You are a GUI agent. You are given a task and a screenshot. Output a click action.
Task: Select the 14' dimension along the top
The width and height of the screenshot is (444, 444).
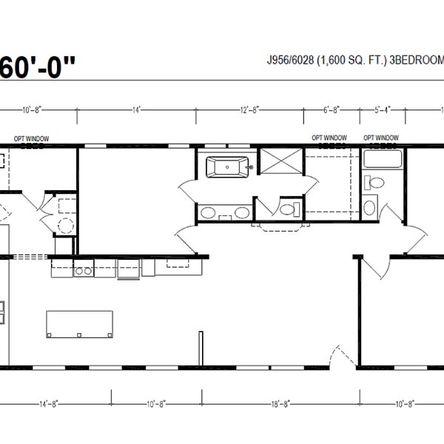136,110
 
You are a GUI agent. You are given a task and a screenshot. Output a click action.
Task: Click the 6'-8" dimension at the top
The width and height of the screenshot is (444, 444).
332,110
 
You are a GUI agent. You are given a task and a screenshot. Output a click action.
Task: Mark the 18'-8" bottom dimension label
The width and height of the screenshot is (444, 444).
280,404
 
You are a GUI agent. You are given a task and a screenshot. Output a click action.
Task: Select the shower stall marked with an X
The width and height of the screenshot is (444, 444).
283,166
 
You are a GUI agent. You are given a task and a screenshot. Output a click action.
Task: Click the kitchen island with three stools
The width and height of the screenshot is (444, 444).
80,323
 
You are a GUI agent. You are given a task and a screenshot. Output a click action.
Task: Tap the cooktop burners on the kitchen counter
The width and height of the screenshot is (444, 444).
83,271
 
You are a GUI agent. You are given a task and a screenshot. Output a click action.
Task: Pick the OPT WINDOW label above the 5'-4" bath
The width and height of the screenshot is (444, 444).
381,138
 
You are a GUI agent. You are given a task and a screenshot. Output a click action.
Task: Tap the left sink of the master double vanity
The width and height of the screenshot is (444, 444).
209,214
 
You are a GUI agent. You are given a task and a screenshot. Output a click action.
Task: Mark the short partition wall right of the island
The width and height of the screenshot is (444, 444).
200,347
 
